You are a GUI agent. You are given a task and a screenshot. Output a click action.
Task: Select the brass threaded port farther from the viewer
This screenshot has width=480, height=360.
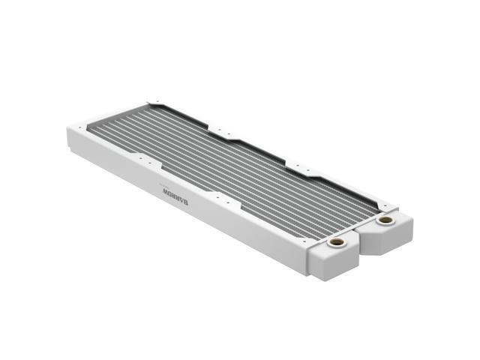click(385, 220)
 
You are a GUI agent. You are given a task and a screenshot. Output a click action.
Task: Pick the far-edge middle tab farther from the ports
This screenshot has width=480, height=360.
click(225, 133)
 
